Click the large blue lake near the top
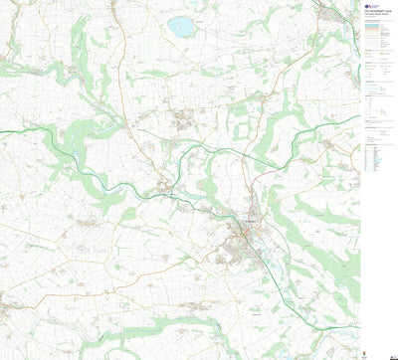[x=182, y=27]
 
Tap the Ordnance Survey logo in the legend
[x=368, y=5]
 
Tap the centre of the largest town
[x=242, y=233]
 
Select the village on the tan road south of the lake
[x=184, y=121]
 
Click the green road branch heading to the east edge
[x=338, y=124]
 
